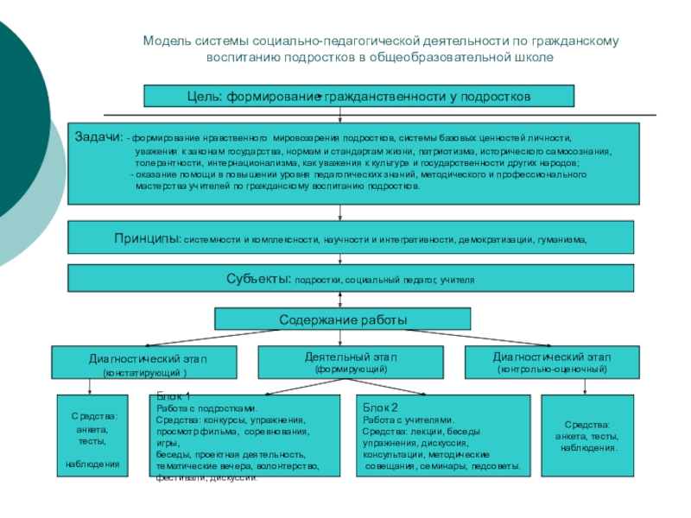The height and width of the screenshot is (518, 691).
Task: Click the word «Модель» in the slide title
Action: click(x=164, y=41)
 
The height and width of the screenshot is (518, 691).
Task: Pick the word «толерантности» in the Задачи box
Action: click(x=170, y=162)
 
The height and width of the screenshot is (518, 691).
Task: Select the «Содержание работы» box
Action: click(x=342, y=319)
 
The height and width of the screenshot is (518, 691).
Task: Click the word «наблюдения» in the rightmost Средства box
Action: click(x=587, y=448)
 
